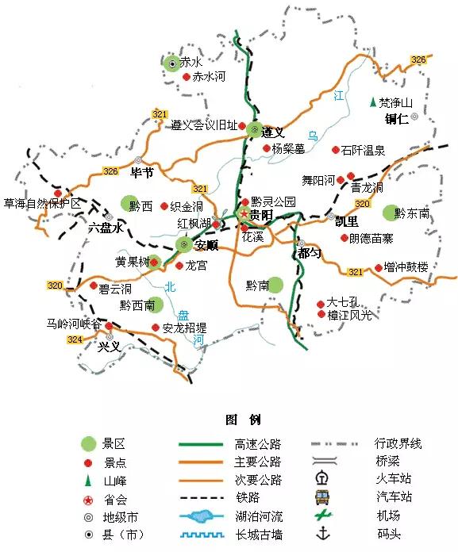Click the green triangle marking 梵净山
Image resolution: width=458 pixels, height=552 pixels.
click(372, 102)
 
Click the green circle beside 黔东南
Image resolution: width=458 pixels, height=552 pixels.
click(389, 213)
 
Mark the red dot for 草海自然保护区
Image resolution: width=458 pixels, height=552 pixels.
click(58, 193)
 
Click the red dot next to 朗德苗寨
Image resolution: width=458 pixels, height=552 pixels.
click(344, 237)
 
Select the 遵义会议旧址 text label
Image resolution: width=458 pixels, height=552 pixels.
click(204, 125)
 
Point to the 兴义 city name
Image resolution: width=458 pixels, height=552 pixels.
click(109, 347)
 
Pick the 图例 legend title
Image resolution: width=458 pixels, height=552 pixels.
click(243, 420)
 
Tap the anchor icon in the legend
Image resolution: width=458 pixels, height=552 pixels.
click(322, 533)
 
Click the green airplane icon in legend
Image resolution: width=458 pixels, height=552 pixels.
click(322, 516)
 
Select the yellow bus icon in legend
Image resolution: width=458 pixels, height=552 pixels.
click(322, 497)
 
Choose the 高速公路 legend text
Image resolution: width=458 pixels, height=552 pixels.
click(258, 444)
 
